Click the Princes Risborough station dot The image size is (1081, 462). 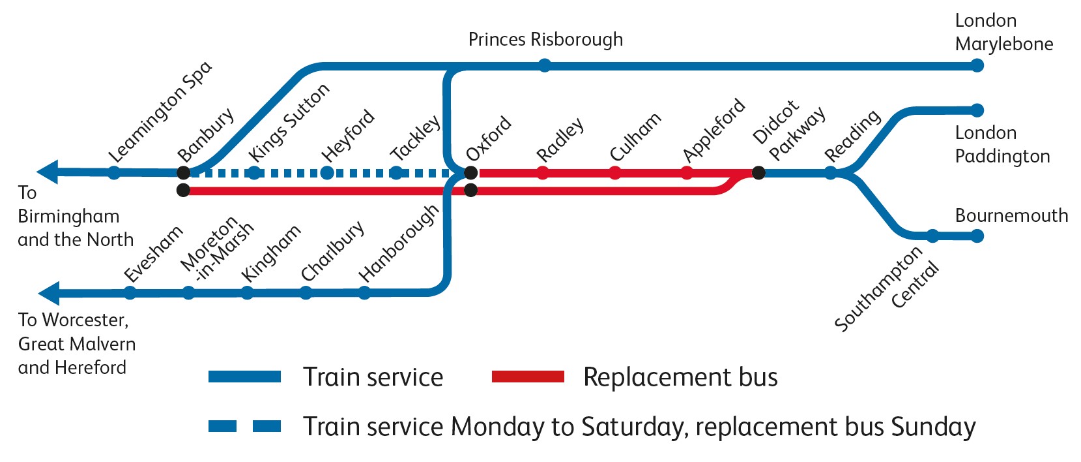point(545,65)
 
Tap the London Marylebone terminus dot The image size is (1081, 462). point(976,65)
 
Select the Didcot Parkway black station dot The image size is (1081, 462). point(758,173)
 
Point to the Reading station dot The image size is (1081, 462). point(830,173)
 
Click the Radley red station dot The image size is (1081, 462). point(542,173)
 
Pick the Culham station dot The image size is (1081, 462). point(614,173)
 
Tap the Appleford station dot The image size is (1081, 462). point(687,173)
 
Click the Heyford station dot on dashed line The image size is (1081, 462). point(327,173)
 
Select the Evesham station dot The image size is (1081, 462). point(130,293)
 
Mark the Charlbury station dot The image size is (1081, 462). point(306,293)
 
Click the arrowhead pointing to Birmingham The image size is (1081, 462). point(48,172)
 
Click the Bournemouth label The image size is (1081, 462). point(1011,216)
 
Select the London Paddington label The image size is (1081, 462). point(1002,145)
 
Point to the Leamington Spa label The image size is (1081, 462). point(160,112)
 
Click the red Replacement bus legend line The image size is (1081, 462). point(527,377)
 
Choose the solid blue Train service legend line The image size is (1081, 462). point(244,377)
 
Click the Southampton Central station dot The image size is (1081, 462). point(932,236)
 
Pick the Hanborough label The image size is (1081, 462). point(399,243)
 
